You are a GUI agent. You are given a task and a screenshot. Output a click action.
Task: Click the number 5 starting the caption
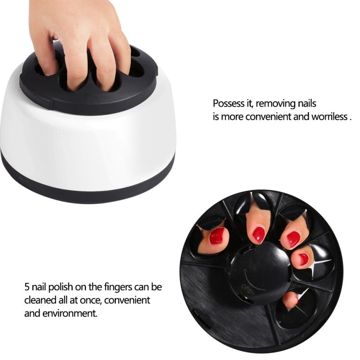27,287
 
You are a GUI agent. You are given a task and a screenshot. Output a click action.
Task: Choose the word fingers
122,287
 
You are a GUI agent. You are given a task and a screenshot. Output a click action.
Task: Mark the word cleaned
40,300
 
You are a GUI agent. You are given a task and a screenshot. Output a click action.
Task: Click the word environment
67,313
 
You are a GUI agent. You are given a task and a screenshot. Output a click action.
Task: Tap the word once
91,300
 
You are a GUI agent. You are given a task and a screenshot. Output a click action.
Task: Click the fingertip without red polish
291,299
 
